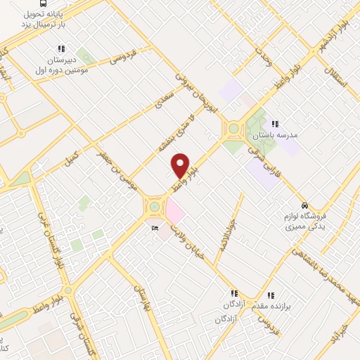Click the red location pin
coord(181,165)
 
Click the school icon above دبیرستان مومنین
coord(62,49)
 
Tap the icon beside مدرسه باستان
coord(284,123)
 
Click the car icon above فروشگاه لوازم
coord(304,205)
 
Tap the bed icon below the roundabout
coord(154,229)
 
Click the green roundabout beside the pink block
coord(153,207)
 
